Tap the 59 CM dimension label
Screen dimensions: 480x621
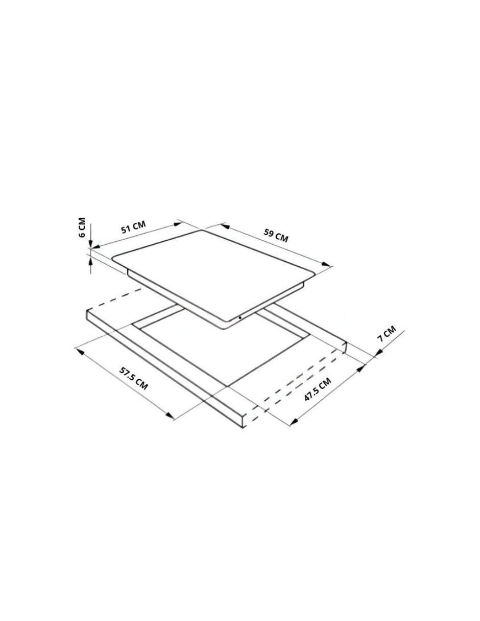tap(275, 236)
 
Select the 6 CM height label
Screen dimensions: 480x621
tap(82, 227)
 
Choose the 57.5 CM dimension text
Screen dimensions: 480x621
tap(134, 378)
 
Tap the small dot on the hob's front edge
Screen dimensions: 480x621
tap(240, 317)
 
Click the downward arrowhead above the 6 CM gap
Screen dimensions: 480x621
tap(90, 243)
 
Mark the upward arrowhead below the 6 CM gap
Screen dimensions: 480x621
tap(91, 261)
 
